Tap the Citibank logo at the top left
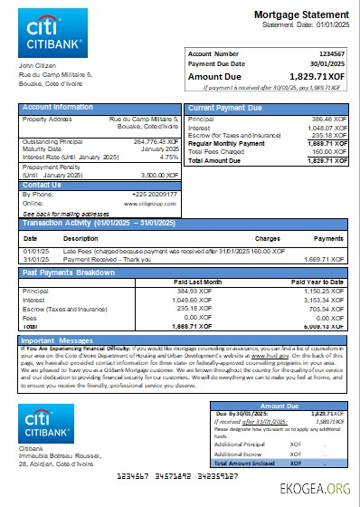pos(52,39)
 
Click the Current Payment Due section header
pos(225,108)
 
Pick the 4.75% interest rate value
pos(168,157)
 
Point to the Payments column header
pos(327,237)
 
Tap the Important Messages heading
pos(56,340)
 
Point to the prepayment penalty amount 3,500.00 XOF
pos(159,175)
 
